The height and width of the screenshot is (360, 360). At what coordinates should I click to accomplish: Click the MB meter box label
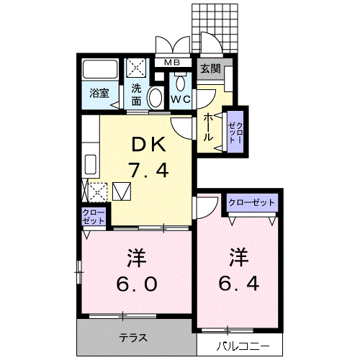(172, 63)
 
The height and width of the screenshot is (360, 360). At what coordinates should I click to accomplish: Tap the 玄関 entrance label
(210, 69)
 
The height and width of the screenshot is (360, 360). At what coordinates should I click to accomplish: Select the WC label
(181, 99)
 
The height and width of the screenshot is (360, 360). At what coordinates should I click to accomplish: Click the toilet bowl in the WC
(181, 84)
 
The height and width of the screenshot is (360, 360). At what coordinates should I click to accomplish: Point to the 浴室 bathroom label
(99, 94)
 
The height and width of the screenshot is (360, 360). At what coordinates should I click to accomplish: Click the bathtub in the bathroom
(100, 69)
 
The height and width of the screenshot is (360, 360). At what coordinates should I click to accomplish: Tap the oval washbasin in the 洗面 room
(155, 98)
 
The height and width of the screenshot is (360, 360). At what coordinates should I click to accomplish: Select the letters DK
(149, 144)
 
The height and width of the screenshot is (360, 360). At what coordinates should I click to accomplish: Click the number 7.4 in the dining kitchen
(148, 170)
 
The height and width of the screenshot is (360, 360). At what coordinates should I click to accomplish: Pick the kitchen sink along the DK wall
(91, 164)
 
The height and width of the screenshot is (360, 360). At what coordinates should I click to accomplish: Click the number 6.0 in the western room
(137, 284)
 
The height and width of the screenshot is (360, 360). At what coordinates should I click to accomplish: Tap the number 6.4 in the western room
(239, 283)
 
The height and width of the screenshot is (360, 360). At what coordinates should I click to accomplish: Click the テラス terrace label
(133, 338)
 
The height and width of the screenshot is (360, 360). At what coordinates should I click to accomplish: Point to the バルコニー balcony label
(243, 346)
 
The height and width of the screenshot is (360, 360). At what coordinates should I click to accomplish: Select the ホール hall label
(208, 127)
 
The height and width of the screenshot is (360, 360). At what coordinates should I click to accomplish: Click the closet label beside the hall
(235, 132)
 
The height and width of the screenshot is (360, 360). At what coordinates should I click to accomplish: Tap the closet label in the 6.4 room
(251, 202)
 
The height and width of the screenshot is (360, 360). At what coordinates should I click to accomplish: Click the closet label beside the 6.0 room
(94, 217)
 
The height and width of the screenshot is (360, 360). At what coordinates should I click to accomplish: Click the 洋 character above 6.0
(137, 258)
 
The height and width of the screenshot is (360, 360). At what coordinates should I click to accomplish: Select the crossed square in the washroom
(136, 68)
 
